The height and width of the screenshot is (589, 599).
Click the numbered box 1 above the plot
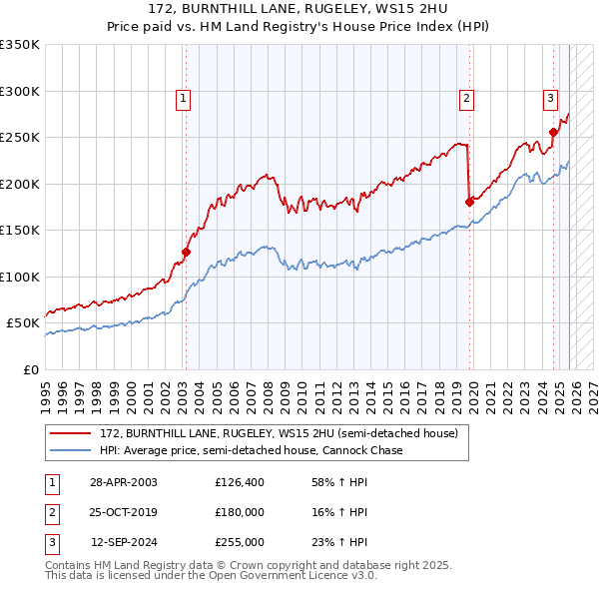(x=184, y=98)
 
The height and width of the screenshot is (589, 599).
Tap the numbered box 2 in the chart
(x=466, y=98)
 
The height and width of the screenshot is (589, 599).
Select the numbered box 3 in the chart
(x=550, y=98)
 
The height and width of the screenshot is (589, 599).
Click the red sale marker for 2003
(x=185, y=253)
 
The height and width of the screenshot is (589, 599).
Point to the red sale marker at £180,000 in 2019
(x=469, y=202)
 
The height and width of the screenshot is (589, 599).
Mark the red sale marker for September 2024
(x=553, y=132)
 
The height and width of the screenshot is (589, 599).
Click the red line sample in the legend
(x=71, y=434)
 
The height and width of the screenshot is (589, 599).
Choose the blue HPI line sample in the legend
(x=71, y=450)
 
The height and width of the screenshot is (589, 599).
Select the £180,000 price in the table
(x=239, y=512)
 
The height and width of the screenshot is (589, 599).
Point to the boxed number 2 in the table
(x=51, y=512)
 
